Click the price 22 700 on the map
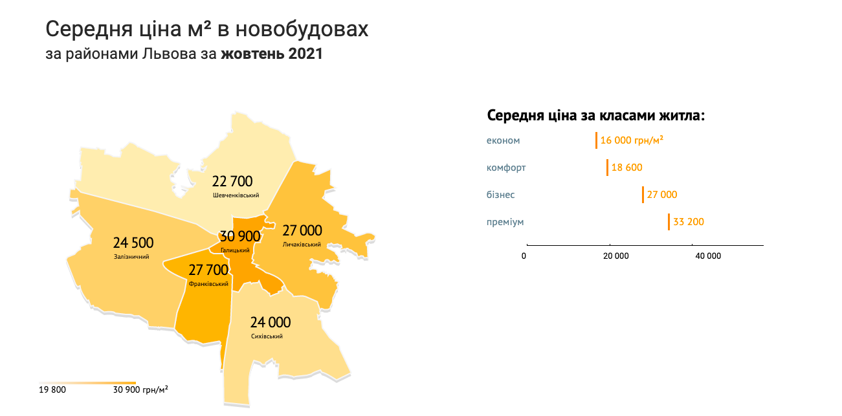232,181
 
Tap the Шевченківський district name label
236,195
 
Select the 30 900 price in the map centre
240,236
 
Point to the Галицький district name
235,250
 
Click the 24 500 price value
133,243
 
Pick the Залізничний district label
131,257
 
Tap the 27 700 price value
208,270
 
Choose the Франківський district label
208,284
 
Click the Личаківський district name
302,245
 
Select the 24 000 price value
271,322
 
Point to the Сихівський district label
267,336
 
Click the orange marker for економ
596,140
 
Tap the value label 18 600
626,168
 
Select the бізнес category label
501,195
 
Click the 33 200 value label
689,222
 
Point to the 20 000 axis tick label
616,256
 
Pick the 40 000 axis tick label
708,256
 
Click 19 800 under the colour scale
52,389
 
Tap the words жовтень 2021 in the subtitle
271,54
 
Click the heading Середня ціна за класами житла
595,116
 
